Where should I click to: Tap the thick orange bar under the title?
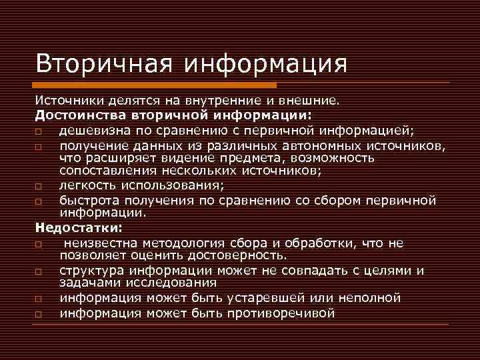pos(157,85)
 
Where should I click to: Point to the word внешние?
pos(310,101)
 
